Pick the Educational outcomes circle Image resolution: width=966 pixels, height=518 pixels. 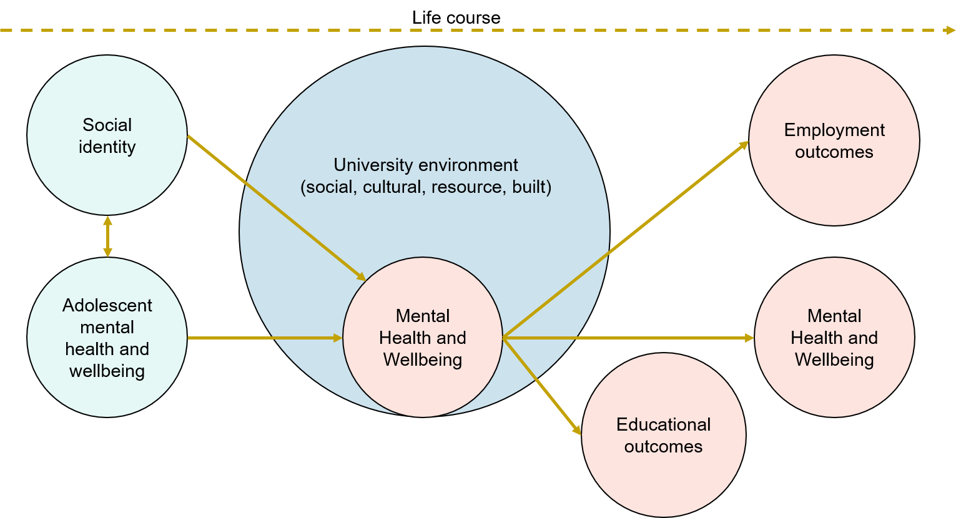663,481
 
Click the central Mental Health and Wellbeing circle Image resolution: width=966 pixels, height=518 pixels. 423,387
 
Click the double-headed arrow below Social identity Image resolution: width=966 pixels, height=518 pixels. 107,237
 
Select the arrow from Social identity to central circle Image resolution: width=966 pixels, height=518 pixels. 275,206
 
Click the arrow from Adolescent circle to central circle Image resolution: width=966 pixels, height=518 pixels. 262,338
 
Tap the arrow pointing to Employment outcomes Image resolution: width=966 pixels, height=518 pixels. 624,240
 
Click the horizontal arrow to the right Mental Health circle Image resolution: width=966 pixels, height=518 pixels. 624,338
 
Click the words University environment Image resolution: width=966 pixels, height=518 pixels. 425,165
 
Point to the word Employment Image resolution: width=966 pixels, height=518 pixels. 834,130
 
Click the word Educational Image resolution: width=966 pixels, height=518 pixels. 663,424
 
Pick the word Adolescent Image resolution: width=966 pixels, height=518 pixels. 107,305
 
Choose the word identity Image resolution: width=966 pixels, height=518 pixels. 107,147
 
